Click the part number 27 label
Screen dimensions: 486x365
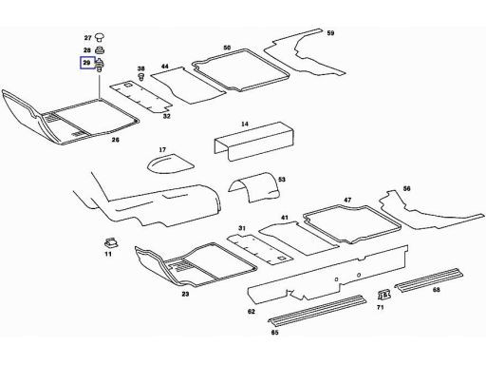pyautogui.click(x=87, y=38)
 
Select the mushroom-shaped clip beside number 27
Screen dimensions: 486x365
pyautogui.click(x=100, y=37)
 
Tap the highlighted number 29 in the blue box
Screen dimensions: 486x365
pyautogui.click(x=86, y=63)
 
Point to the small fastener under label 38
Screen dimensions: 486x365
pyautogui.click(x=141, y=76)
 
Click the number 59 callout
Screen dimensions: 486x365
pyautogui.click(x=330, y=33)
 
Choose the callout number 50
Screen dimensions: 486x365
pyautogui.click(x=227, y=48)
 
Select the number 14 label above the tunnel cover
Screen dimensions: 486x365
pyautogui.click(x=245, y=124)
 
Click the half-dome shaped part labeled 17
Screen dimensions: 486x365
pyautogui.click(x=171, y=163)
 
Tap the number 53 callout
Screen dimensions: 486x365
pyautogui.click(x=282, y=180)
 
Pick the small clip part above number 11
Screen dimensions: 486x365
pyautogui.click(x=111, y=242)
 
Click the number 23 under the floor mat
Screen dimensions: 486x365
pyautogui.click(x=185, y=294)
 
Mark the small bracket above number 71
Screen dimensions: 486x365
pyautogui.click(x=384, y=296)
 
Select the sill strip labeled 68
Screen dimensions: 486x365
pyautogui.click(x=429, y=279)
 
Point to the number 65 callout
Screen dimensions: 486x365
pyautogui.click(x=274, y=333)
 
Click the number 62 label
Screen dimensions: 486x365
pyautogui.click(x=252, y=312)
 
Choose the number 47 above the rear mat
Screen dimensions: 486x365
pyautogui.click(x=347, y=200)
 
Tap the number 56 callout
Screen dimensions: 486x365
pyautogui.click(x=406, y=188)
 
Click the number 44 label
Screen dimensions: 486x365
pyautogui.click(x=164, y=67)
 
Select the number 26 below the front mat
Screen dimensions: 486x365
pyautogui.click(x=116, y=140)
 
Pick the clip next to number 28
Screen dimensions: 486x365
pyautogui.click(x=100, y=50)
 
